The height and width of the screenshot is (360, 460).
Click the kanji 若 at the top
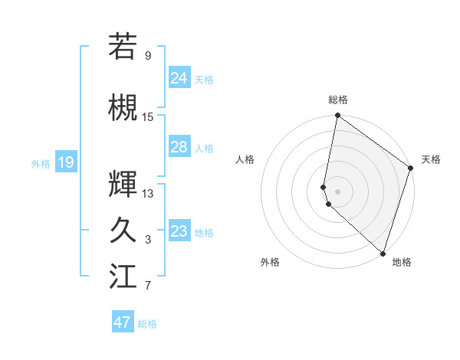[123, 46]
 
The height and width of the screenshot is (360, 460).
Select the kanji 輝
[123, 184]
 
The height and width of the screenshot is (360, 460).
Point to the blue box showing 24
[179, 77]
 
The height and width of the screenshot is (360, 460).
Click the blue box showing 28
[179, 147]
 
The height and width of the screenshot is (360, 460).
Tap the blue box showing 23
[179, 231]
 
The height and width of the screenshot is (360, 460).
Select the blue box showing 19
[65, 162]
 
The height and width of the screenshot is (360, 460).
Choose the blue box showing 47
[123, 322]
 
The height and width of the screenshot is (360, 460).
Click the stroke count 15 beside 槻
[148, 117]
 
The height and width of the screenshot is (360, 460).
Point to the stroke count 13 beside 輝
[148, 193]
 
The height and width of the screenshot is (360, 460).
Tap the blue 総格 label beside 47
[147, 324]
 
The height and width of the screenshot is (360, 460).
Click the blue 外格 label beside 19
[41, 163]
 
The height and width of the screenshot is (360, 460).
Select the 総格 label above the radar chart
[338, 100]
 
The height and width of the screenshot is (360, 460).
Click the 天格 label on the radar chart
[431, 159]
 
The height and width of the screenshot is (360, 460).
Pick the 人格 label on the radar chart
[245, 159]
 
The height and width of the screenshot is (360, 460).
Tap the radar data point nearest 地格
[383, 254]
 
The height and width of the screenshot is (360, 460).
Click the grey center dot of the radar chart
[338, 190]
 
